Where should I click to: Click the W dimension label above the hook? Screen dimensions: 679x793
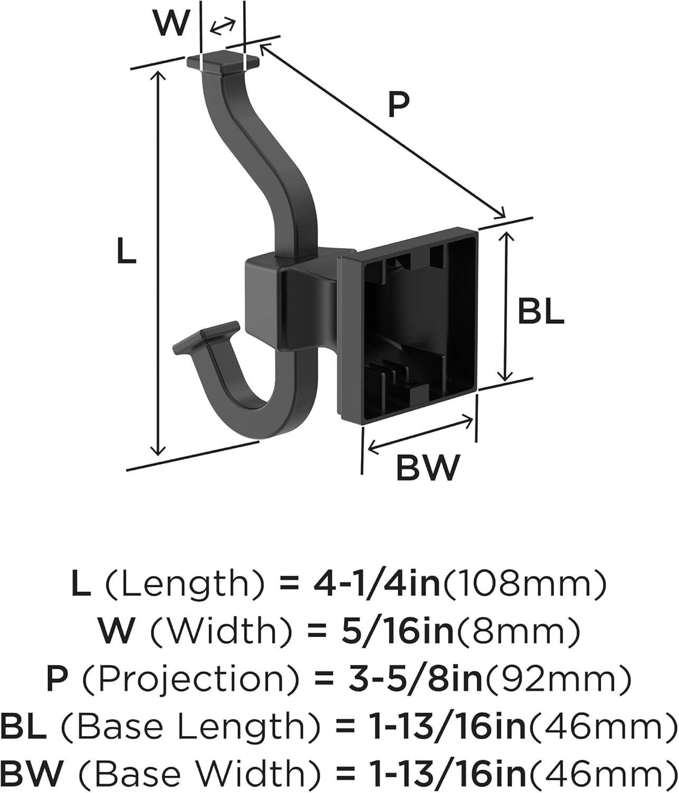[172, 24]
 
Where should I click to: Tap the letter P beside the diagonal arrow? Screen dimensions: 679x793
[399, 105]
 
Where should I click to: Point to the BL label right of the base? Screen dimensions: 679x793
[541, 311]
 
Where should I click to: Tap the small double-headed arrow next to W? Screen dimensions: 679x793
[223, 26]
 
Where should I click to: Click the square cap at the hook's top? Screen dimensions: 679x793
[223, 62]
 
